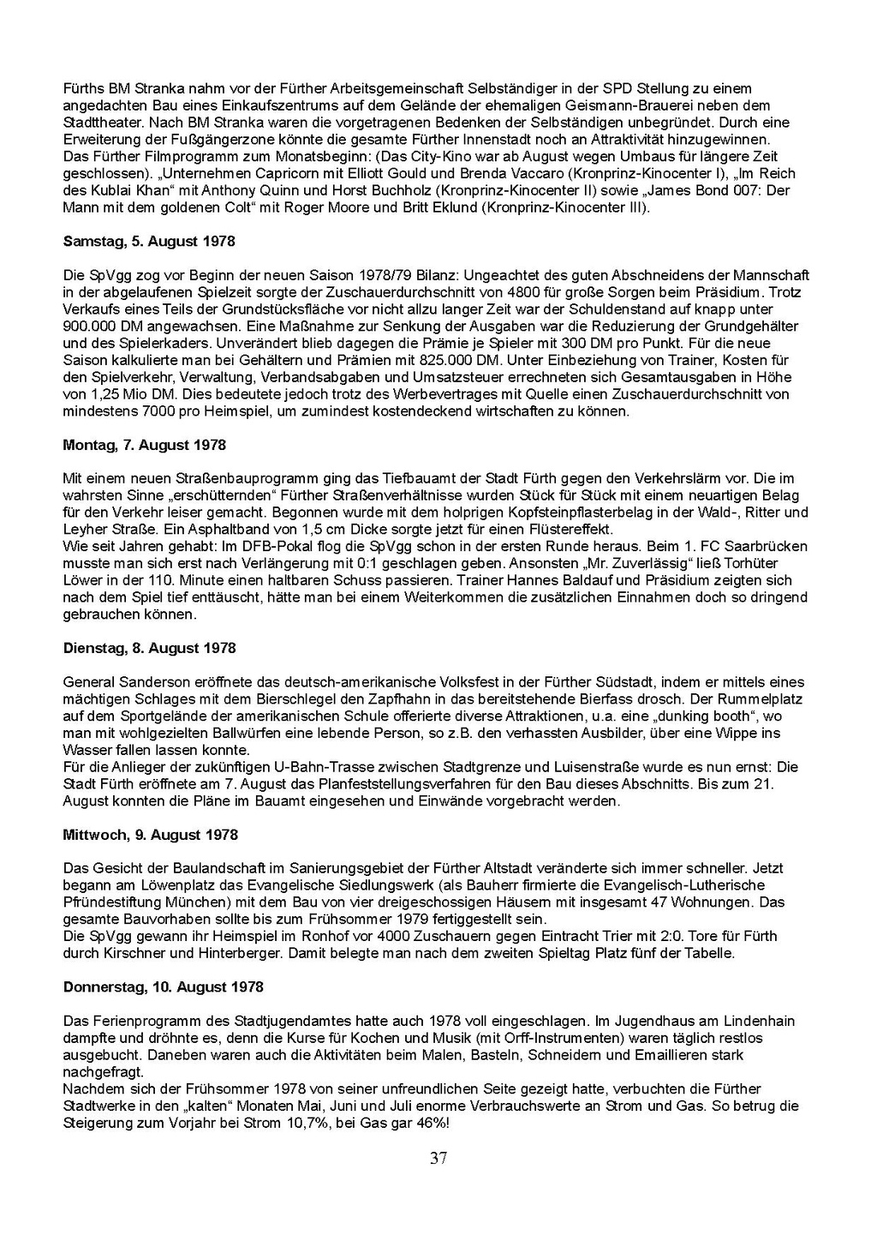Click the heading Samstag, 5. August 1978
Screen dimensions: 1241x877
click(x=149, y=242)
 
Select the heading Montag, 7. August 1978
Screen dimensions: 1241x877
click(x=145, y=445)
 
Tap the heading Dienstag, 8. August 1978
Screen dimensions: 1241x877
click(x=149, y=648)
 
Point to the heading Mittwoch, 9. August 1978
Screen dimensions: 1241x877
click(x=151, y=835)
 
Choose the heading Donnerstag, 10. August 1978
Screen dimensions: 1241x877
click(x=164, y=987)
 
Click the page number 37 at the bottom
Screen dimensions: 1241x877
click(x=438, y=1159)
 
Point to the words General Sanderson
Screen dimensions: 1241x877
click(x=115, y=682)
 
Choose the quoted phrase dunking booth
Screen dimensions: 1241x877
click(x=708, y=716)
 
